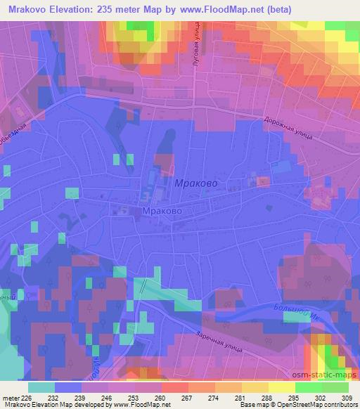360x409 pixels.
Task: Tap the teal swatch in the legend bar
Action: point(41,387)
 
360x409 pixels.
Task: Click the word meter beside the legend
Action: point(11,397)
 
